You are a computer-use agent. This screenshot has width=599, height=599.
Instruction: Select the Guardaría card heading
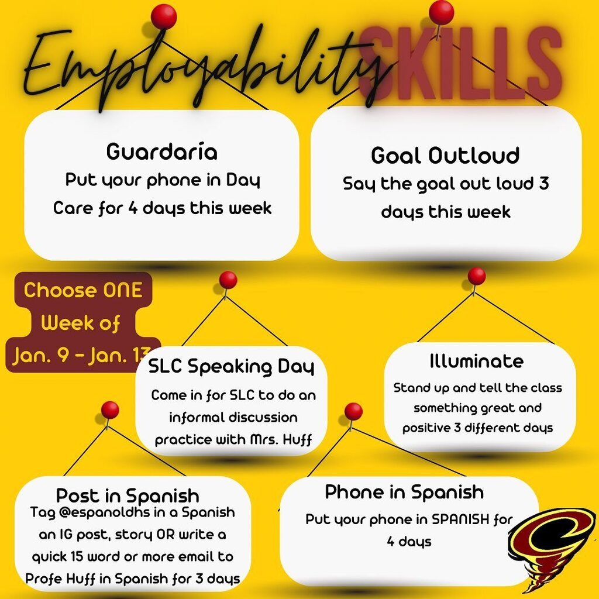(162, 152)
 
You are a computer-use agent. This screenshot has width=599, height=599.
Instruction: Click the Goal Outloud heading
(445, 156)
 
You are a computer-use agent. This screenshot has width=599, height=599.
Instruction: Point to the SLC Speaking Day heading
(231, 367)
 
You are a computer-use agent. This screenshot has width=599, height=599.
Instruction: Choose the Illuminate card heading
(476, 362)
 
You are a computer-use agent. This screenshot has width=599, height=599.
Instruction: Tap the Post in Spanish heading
(128, 496)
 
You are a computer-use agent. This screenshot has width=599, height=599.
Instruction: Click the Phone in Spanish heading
(404, 492)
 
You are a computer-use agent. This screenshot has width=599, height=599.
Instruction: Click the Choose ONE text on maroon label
(83, 291)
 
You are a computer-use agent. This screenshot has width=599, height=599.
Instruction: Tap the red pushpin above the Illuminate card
(477, 276)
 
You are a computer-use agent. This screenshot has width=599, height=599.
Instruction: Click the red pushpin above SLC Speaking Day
(228, 280)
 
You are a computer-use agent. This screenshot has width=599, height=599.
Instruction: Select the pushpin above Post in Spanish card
(110, 409)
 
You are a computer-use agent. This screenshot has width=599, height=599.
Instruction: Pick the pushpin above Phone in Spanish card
(353, 412)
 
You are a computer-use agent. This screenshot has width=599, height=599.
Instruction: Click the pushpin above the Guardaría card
(163, 16)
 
